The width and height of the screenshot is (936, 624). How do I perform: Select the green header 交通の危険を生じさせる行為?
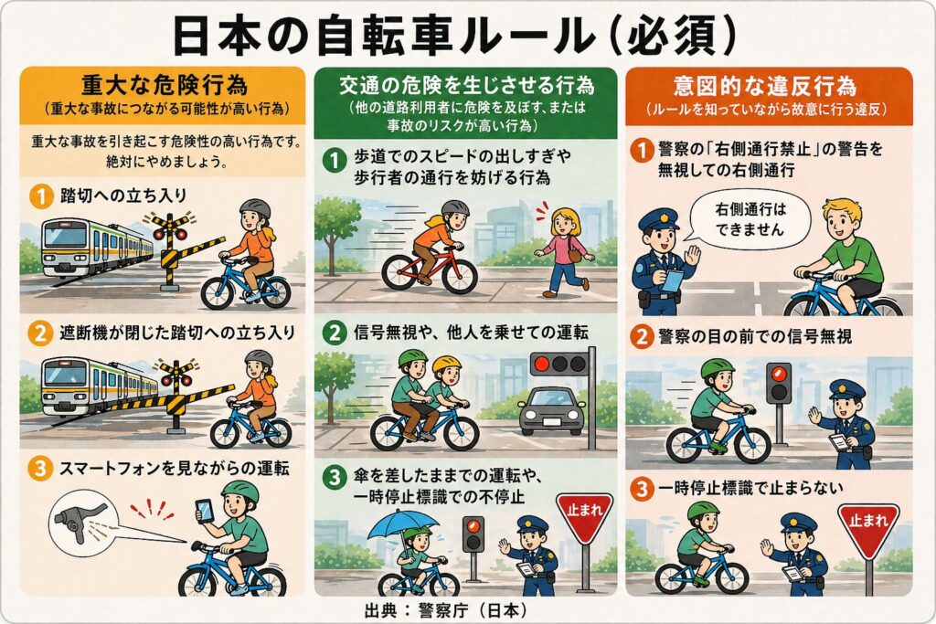tap(467, 86)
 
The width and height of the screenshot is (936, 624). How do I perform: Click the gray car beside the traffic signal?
tap(551, 411)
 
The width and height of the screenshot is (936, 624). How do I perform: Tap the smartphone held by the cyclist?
tap(205, 511)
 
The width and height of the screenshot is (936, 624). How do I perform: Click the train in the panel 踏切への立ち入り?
tap(96, 246)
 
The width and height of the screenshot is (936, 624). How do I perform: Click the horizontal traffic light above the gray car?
tap(558, 364)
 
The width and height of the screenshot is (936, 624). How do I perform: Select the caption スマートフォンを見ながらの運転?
tap(173, 470)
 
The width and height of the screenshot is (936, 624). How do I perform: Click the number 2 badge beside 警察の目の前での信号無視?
tap(642, 337)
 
